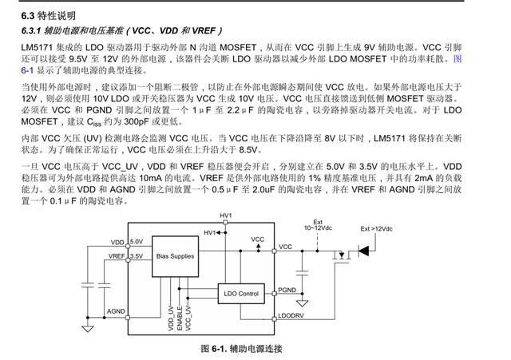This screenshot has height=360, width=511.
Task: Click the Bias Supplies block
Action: pyautogui.click(x=176, y=256)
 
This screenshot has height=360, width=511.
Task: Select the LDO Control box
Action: pyautogui.click(x=241, y=294)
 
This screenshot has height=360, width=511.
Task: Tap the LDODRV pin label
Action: pyautogui.click(x=291, y=315)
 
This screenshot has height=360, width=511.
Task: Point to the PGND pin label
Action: pyautogui.click(x=287, y=290)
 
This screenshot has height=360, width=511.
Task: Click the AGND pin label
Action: pyautogui.click(x=116, y=311)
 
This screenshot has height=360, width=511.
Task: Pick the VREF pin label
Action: pyautogui.click(x=117, y=256)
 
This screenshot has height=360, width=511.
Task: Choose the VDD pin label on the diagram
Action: pyautogui.click(x=117, y=243)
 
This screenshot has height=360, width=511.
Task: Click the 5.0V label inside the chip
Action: pyautogui.click(x=137, y=242)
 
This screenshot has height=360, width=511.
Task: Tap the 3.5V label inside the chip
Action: pyautogui.click(x=137, y=256)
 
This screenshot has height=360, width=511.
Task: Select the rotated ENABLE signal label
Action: pyautogui.click(x=180, y=318)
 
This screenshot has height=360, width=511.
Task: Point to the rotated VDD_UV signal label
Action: pyautogui.click(x=171, y=318)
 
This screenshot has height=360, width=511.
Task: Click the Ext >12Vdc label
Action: pyautogui.click(x=376, y=229)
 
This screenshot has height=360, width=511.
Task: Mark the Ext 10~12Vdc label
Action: pyautogui.click(x=318, y=225)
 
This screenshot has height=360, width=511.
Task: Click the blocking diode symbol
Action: pyautogui.click(x=363, y=251)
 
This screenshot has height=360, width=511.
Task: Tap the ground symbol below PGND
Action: pyautogui.click(x=303, y=303)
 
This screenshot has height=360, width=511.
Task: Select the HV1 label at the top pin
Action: pyautogui.click(x=225, y=216)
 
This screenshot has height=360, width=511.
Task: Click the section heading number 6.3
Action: pyautogui.click(x=28, y=16)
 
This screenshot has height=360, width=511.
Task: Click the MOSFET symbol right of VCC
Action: pyautogui.click(x=342, y=255)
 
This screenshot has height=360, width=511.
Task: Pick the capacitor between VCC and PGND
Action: pyautogui.click(x=303, y=273)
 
